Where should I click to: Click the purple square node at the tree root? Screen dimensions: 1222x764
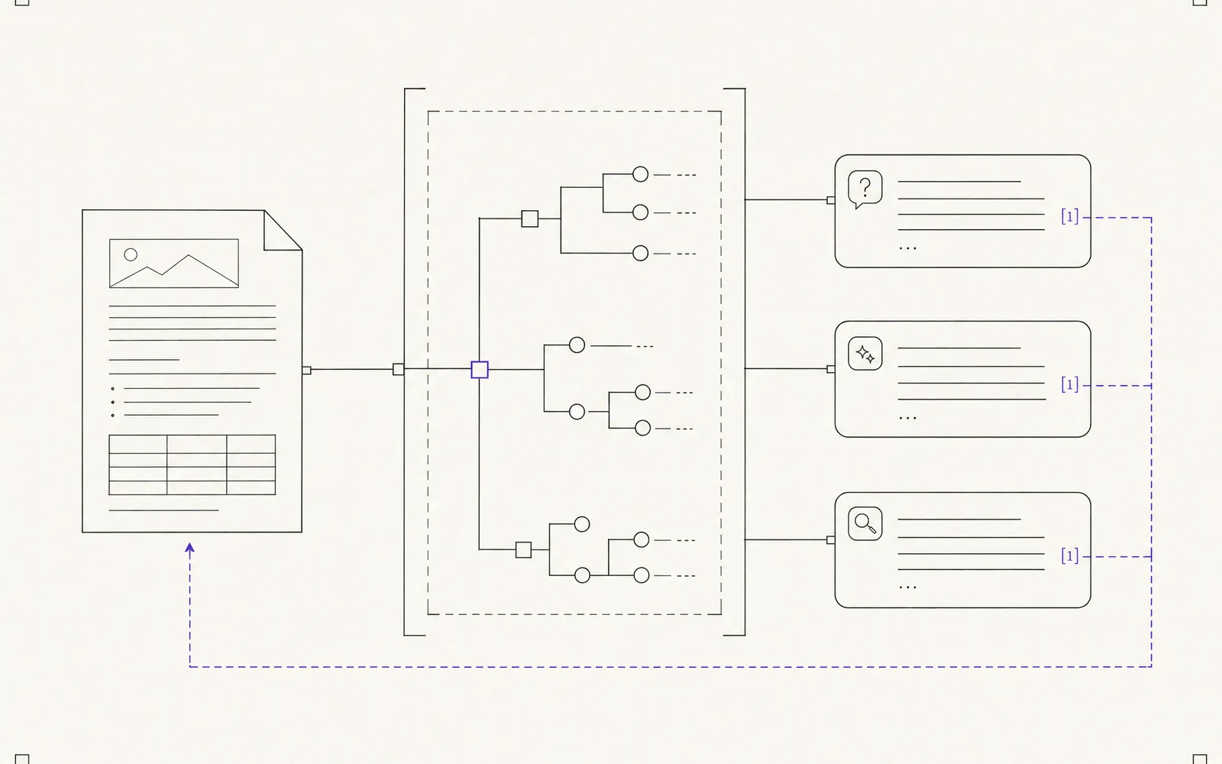[x=480, y=370]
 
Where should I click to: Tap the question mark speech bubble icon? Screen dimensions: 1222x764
[x=865, y=189]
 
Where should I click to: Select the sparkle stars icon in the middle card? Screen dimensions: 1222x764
[x=865, y=354]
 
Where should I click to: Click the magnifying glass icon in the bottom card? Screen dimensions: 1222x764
[x=865, y=523]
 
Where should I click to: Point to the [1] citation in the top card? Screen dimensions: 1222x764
[x=1070, y=217]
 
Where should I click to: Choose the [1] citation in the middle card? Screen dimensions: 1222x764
[x=1070, y=385]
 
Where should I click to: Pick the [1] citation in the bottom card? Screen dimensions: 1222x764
[x=1070, y=556]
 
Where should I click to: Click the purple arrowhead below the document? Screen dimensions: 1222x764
[x=190, y=548]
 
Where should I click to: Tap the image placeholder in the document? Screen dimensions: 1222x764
[x=174, y=263]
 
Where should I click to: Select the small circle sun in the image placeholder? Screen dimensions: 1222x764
[x=131, y=254]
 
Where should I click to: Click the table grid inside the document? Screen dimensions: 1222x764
[x=192, y=465]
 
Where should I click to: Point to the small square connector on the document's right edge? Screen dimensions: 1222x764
[x=306, y=371]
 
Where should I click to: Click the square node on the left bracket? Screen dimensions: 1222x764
[x=399, y=370]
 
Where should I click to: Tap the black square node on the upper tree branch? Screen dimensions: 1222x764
[x=530, y=219]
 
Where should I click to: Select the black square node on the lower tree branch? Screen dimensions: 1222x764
[x=524, y=549]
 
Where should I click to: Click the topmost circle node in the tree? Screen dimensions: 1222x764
[x=641, y=174]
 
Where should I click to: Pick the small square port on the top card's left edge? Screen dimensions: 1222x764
[x=831, y=200]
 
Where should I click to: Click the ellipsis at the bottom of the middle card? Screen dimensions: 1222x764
[x=908, y=418]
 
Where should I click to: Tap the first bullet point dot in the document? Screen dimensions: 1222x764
[x=113, y=389]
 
